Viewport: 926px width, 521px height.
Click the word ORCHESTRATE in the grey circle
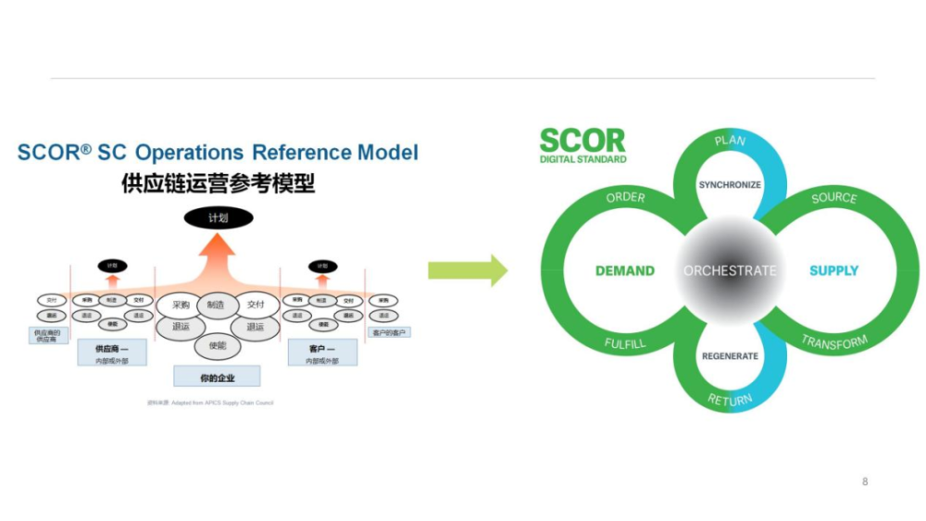pos(730,271)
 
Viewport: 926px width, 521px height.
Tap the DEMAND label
pos(624,271)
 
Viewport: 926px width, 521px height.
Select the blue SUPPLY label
pos(833,271)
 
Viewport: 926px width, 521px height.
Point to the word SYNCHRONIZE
pos(730,185)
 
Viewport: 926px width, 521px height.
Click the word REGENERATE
pos(730,356)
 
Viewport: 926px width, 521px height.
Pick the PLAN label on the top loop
pos(730,141)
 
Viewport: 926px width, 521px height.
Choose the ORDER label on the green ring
pos(626,198)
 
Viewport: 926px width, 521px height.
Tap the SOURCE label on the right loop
pos(833,198)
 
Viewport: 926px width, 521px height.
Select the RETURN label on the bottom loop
pos(730,400)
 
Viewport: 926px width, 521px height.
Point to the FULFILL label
pos(626,343)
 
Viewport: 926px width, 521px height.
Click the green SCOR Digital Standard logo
pos(582,145)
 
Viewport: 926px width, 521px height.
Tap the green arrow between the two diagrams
pos(468,271)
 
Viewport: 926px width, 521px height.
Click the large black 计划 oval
pos(219,218)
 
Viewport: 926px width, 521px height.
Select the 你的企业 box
pos(218,377)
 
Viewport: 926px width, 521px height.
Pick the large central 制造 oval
pos(218,304)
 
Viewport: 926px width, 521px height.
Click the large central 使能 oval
pos(218,346)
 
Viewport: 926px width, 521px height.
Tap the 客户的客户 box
pos(390,331)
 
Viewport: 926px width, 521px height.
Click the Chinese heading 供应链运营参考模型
pos(218,183)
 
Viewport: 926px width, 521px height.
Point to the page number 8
pos(865,481)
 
